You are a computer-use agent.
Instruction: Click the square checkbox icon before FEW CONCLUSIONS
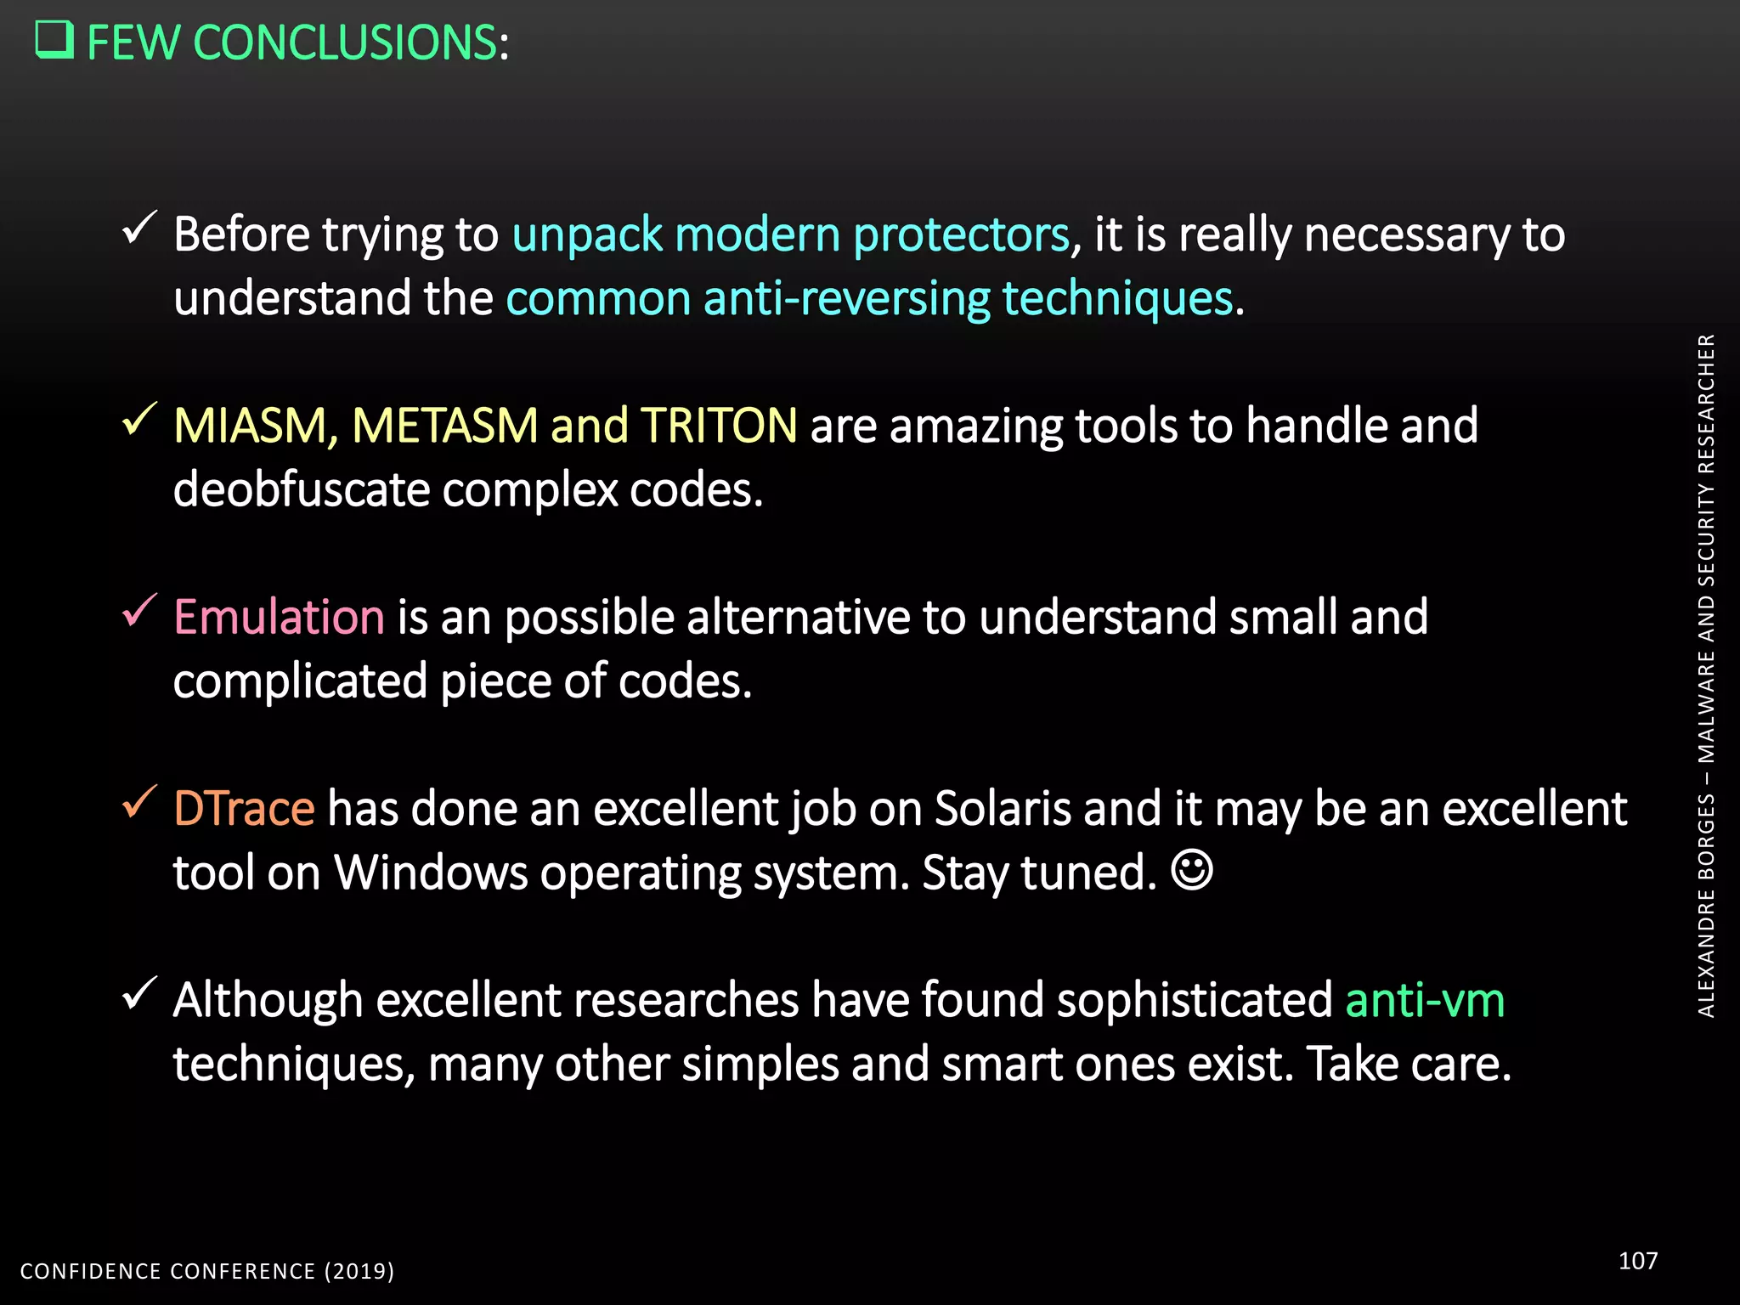click(54, 40)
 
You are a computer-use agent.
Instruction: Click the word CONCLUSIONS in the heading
click(345, 42)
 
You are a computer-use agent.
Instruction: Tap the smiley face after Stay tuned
click(1192, 870)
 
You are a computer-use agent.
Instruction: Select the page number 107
click(1637, 1260)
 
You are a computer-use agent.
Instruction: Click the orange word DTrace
click(244, 808)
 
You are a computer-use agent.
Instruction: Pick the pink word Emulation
click(279, 617)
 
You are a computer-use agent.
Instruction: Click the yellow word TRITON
click(718, 426)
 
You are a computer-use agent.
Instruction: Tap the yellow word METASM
click(444, 426)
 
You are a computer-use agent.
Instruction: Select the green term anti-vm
click(1425, 999)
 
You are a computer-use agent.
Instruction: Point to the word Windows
click(431, 873)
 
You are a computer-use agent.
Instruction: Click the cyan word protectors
click(961, 235)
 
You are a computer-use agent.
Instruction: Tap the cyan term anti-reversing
click(846, 299)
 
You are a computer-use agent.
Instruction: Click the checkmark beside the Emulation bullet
click(139, 610)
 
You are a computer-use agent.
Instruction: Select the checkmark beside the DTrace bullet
click(139, 801)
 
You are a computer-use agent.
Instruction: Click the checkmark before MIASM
click(139, 419)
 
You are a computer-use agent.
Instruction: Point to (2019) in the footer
click(359, 1271)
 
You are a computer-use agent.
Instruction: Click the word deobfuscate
click(302, 490)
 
